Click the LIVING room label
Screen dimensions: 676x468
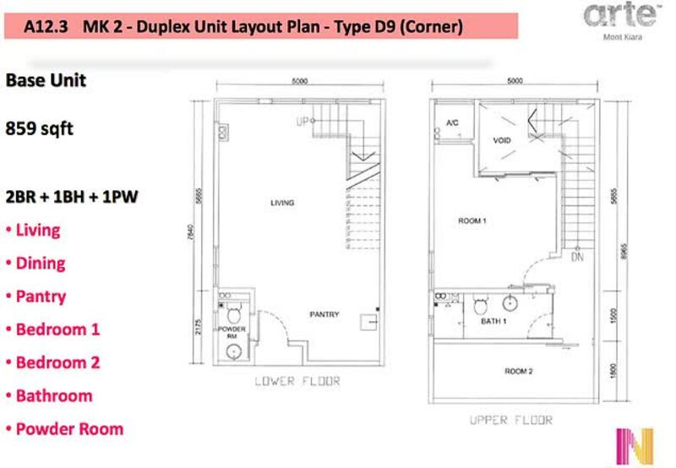(x=282, y=203)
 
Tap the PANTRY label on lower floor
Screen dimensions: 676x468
(x=324, y=314)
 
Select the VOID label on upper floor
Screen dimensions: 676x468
(x=502, y=140)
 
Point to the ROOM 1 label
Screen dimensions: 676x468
(x=472, y=220)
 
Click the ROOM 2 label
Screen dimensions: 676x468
(x=519, y=371)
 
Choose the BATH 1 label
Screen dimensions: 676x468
(x=493, y=321)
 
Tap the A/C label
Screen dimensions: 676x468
(x=452, y=122)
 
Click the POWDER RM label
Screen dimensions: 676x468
(x=232, y=332)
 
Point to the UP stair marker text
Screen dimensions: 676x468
(x=303, y=122)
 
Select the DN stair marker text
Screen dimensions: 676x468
(x=577, y=258)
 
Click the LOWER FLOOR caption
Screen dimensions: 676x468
(x=297, y=381)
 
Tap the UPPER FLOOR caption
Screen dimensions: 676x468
(x=511, y=420)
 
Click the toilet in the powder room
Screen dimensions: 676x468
(x=234, y=313)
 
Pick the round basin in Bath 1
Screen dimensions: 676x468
(x=510, y=303)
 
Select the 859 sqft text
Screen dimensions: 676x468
(x=39, y=128)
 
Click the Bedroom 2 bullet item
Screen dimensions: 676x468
(x=53, y=362)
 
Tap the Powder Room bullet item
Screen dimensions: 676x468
(x=65, y=429)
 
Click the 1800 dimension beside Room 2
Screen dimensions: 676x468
(x=614, y=371)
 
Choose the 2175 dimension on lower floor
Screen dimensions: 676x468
(x=198, y=327)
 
